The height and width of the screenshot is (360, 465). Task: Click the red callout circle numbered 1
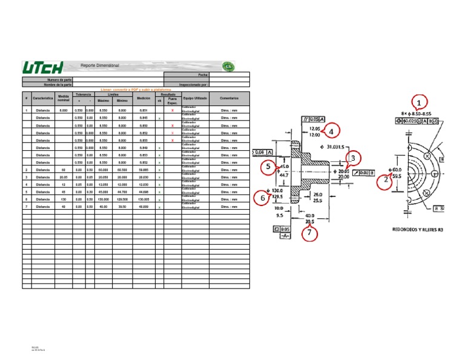tap(418, 103)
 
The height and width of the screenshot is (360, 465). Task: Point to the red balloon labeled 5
tap(269, 166)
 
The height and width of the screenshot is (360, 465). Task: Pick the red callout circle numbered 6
tap(262, 198)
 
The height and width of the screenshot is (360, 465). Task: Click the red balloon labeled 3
tap(355, 159)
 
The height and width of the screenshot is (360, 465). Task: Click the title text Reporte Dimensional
tap(100, 65)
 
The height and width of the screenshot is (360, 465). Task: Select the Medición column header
tap(143, 98)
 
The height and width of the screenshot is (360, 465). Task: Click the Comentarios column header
tap(229, 98)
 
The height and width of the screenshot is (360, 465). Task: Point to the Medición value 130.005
tap(143, 199)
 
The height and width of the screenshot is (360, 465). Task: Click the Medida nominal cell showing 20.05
tap(64, 178)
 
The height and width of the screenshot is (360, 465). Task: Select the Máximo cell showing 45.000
tap(103, 192)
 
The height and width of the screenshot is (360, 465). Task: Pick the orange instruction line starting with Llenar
tap(135, 89)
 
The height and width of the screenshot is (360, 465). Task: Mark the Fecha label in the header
tap(203, 75)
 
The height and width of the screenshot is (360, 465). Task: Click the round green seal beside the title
tap(228, 66)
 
